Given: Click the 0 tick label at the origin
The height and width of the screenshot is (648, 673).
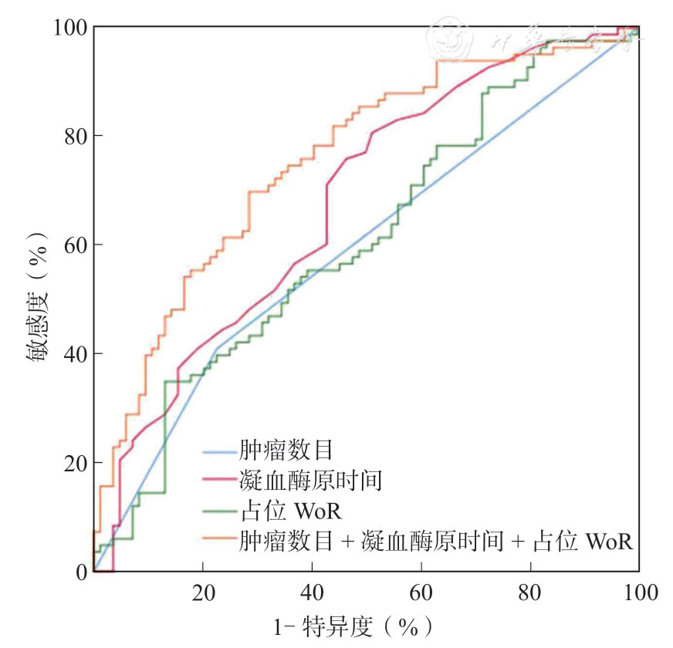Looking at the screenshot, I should (x=79, y=572).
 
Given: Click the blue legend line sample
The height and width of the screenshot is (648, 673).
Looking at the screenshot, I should (x=219, y=451).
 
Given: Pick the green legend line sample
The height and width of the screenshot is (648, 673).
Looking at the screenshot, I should (x=219, y=511).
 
